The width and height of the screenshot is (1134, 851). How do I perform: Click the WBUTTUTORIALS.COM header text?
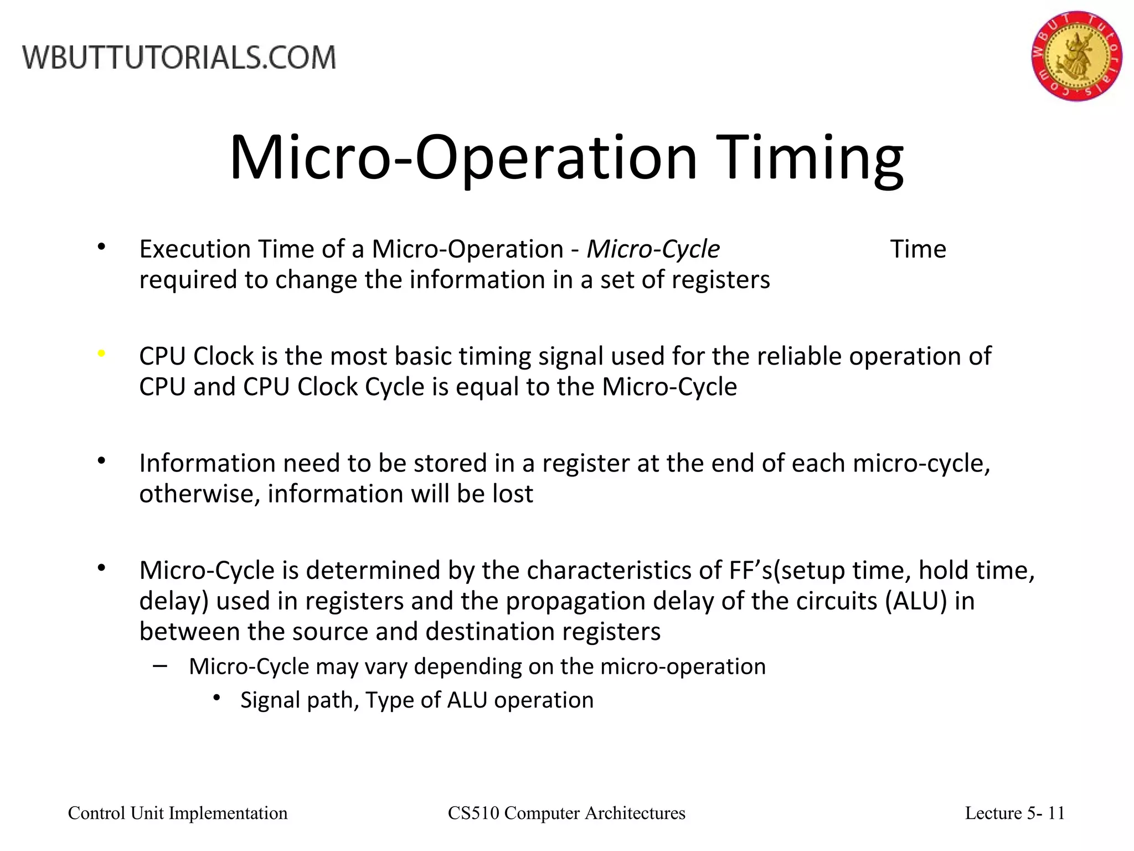[x=179, y=58]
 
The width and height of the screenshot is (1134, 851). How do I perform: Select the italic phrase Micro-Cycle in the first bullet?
[x=653, y=249]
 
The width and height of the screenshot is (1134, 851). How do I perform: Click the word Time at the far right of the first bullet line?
[x=917, y=249]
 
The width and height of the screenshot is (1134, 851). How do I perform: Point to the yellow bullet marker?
[x=101, y=353]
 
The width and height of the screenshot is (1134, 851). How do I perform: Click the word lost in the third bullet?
[x=513, y=494]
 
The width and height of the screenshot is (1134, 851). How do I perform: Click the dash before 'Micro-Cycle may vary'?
[x=160, y=665]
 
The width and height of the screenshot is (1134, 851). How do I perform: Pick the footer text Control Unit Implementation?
[x=178, y=813]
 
